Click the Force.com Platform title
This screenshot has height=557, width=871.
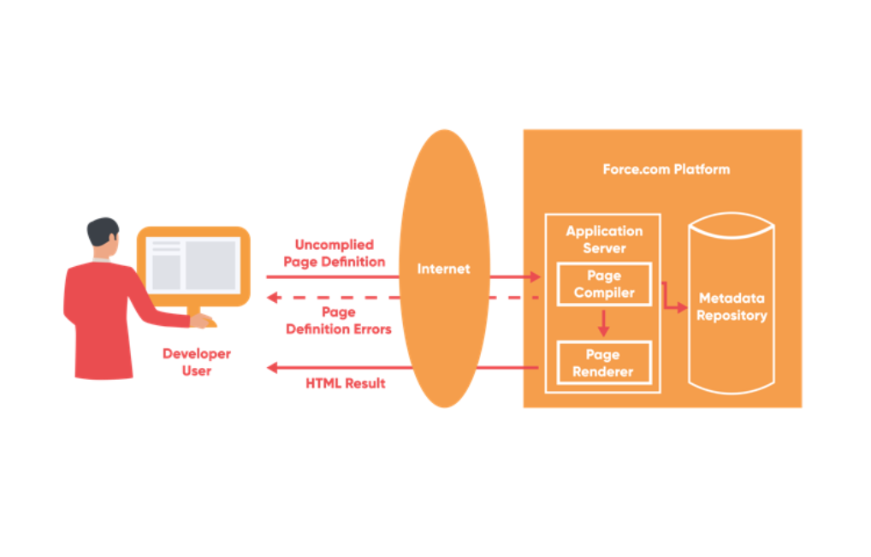pyautogui.click(x=666, y=169)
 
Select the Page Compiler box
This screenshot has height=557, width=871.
pyautogui.click(x=603, y=284)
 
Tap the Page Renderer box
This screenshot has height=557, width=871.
pyautogui.click(x=603, y=363)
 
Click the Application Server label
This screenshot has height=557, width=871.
pyautogui.click(x=604, y=240)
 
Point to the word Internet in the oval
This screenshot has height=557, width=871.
pyautogui.click(x=443, y=269)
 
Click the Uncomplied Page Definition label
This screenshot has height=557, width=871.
pyautogui.click(x=334, y=253)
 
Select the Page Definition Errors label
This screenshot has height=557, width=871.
pyautogui.click(x=339, y=320)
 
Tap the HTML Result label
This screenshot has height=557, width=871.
pyautogui.click(x=346, y=383)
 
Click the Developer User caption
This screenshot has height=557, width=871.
pyautogui.click(x=197, y=362)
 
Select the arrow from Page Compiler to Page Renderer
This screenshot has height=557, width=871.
pyautogui.click(x=603, y=322)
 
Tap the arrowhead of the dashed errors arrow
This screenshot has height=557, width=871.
pyautogui.click(x=272, y=298)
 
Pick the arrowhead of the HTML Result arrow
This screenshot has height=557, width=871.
pyautogui.click(x=272, y=368)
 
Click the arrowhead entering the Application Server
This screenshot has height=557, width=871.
pyautogui.click(x=536, y=277)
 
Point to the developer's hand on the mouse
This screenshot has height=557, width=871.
pyautogui.click(x=201, y=322)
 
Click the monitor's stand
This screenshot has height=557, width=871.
pyautogui.click(x=193, y=312)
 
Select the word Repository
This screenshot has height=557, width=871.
pyautogui.click(x=732, y=316)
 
